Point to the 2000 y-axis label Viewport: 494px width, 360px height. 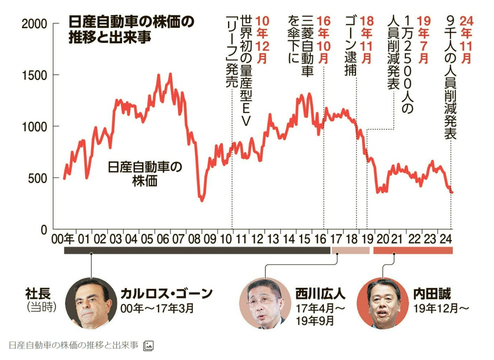coord(35,24)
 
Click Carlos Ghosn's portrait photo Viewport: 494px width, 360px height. coord(91,303)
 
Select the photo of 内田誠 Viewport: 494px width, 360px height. coord(383,303)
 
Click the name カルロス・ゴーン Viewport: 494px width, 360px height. coord(166,293)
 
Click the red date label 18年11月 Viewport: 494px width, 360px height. coord(366,40)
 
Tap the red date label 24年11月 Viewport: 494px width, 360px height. coord(465,40)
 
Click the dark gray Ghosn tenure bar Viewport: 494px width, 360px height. coord(197,250)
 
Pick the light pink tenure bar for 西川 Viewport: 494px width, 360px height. coord(350,250)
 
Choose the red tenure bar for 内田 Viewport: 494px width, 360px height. coord(413,250)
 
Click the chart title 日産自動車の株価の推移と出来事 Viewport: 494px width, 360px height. coord(131,30)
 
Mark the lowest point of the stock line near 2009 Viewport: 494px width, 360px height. coord(202,200)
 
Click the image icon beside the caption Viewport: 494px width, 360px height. coord(148,346)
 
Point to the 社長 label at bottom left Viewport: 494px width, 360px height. coord(38,293)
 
